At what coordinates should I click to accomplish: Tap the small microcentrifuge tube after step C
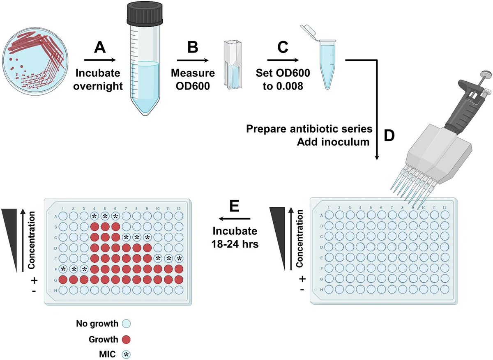(326, 62)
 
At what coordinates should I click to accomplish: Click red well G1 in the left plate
(63, 280)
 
